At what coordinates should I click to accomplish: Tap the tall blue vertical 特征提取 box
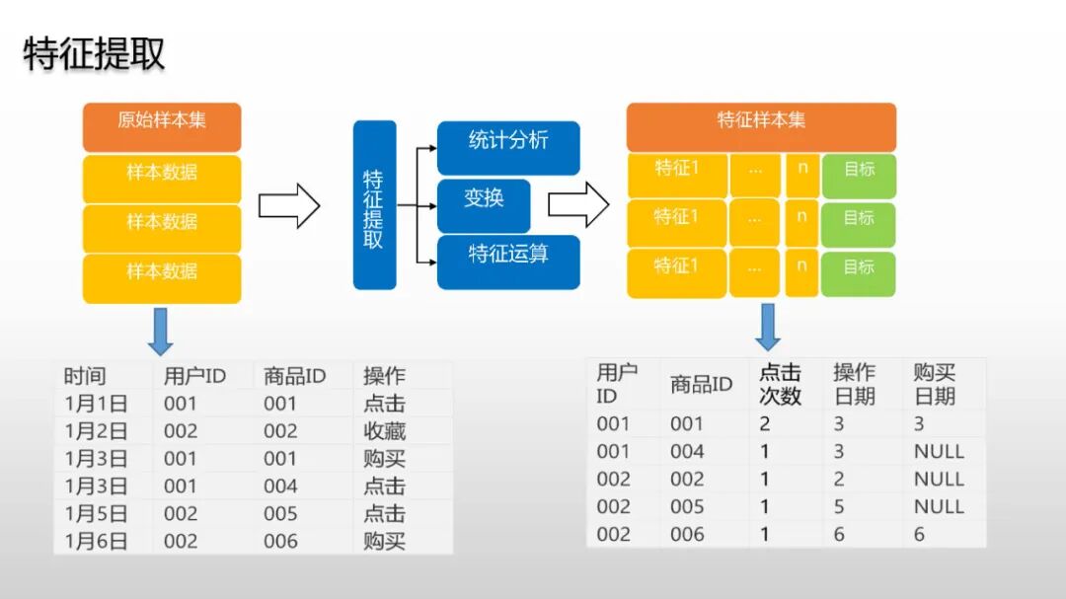click(x=374, y=205)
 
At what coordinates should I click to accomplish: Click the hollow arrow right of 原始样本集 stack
click(x=289, y=205)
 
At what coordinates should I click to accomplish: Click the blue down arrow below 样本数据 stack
click(x=160, y=332)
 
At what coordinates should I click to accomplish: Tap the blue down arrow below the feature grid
click(x=768, y=327)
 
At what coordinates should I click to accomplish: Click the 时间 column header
click(x=85, y=376)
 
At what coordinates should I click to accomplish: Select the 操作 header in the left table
click(x=384, y=376)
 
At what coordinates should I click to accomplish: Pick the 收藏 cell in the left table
click(x=384, y=431)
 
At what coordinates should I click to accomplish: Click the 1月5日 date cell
click(x=96, y=514)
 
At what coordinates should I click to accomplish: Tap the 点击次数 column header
click(x=780, y=385)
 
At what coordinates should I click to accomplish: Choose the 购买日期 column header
click(x=935, y=385)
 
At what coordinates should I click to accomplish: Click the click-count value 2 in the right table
click(x=765, y=424)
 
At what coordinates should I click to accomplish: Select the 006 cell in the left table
click(x=280, y=542)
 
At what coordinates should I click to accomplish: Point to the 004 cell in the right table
click(x=687, y=452)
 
